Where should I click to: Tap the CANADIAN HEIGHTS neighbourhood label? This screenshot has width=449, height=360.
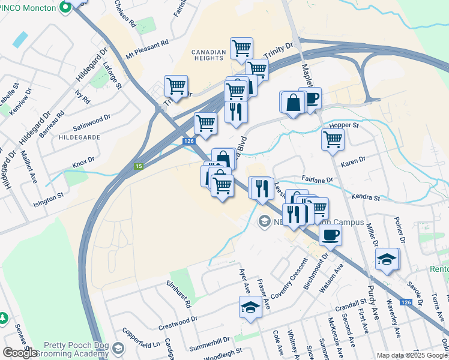point(209,56)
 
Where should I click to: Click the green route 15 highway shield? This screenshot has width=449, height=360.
point(139,166)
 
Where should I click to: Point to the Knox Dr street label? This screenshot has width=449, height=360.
point(83,162)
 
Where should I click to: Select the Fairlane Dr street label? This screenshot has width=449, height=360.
point(318,179)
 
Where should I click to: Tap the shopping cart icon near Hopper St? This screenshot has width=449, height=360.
point(333,139)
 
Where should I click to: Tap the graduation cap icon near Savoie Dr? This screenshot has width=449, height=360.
point(387,260)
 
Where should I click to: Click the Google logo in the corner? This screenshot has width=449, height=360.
point(20,353)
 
